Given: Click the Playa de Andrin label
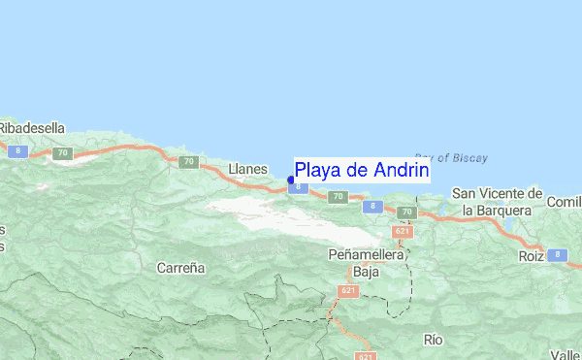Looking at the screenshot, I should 361,170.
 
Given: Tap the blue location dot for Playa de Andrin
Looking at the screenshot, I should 291,179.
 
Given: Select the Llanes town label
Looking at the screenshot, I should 247,169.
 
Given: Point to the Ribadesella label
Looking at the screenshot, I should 31,127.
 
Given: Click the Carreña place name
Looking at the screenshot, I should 181,266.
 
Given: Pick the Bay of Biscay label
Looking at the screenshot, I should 451,157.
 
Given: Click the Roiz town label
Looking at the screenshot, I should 530,257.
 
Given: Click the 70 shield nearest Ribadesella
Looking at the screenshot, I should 63,153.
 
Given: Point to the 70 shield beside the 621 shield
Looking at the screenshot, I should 406,212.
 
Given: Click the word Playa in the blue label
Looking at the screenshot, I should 319,170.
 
